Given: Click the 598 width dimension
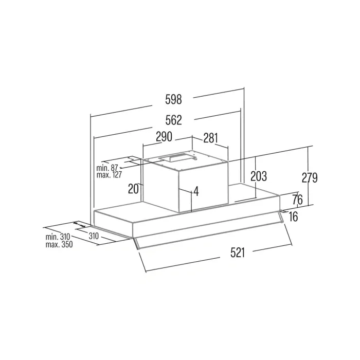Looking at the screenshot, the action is pos(173,99).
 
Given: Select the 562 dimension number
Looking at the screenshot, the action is pos(174,120).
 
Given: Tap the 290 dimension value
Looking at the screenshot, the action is pos(164,137).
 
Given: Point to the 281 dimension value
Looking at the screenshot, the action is pos(210,138).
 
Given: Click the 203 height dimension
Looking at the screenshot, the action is pos(259,176).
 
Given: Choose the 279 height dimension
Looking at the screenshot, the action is pos(309,177).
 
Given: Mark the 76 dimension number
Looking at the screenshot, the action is pos(297,200).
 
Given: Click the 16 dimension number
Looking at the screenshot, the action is pos(293,217).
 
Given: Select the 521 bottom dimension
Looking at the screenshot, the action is pos(238,253).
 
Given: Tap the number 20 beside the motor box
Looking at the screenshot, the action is pos(133,189).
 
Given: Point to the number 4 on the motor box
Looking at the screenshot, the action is pos(196,191).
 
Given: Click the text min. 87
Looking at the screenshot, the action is pos(107,168).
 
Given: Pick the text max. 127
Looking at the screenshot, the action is pos(109,175).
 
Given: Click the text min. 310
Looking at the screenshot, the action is pos(58,237).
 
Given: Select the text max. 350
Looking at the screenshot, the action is pos(59,244).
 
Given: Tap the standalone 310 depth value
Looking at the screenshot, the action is pos(94,236).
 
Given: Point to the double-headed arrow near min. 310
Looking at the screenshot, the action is pos(80,224).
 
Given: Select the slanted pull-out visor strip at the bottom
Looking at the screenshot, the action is pos(209,230).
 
